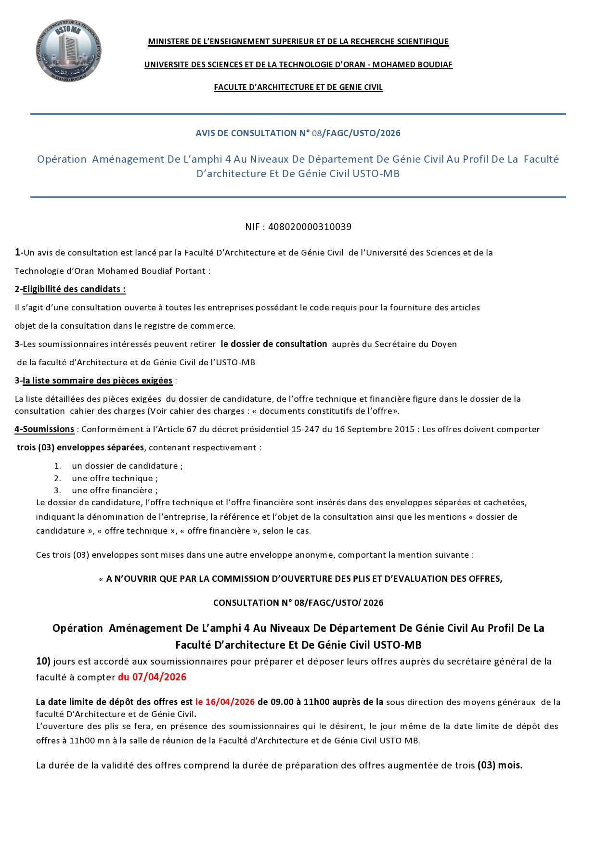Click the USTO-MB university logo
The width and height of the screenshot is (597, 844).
pyautogui.click(x=68, y=50)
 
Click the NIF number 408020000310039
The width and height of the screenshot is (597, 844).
pyautogui.click(x=310, y=227)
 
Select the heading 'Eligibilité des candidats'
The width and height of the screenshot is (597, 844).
pyautogui.click(x=74, y=289)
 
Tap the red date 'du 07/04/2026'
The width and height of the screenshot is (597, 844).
pyautogui.click(x=152, y=677)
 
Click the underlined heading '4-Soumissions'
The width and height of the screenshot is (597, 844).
pyautogui.click(x=44, y=429)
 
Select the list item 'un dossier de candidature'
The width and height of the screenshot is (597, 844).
pyautogui.click(x=127, y=466)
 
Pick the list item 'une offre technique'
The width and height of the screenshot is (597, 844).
pyautogui.click(x=115, y=478)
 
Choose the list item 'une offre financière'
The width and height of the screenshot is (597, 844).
pyautogui.click(x=115, y=490)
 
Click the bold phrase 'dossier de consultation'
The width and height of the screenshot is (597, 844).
pyautogui.click(x=274, y=344)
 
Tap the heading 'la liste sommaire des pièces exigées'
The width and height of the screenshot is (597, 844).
pyautogui.click(x=97, y=381)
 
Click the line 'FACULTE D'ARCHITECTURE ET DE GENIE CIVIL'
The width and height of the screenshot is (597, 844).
pyautogui.click(x=298, y=87)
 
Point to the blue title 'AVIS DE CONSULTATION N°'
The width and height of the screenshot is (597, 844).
pyautogui.click(x=252, y=133)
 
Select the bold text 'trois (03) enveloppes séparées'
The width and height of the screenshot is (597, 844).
pyautogui.click(x=80, y=448)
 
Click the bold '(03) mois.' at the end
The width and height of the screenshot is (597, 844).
pyautogui.click(x=500, y=765)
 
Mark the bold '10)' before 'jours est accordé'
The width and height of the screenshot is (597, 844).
pyautogui.click(x=43, y=661)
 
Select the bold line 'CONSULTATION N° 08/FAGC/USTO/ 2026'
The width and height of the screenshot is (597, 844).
pyautogui.click(x=298, y=603)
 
